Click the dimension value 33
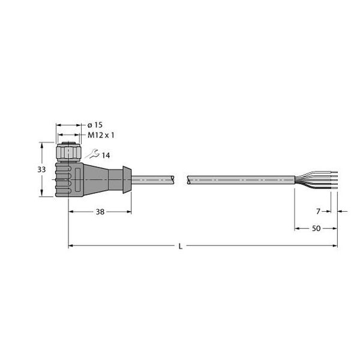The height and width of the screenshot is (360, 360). coord(41,170)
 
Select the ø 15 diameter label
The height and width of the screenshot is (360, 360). coord(95,125)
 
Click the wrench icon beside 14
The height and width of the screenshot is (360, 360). coord(93,155)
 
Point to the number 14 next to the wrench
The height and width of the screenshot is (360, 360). coord(106,156)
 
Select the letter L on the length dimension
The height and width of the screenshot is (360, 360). coord(181,246)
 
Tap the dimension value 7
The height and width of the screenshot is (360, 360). coord(319,211)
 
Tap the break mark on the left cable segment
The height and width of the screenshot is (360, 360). coord(175,178)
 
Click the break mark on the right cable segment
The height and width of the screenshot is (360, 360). coord(188,178)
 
